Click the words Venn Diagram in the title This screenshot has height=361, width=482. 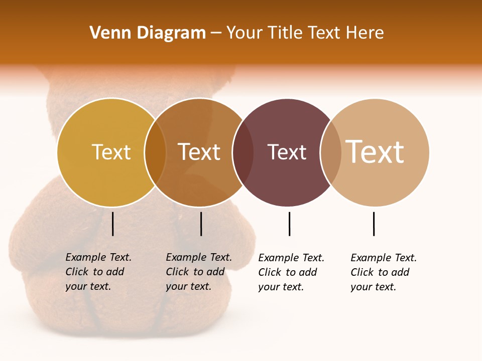click(148, 33)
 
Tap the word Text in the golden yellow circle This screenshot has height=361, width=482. click(111, 152)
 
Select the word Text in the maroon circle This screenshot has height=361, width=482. click(287, 152)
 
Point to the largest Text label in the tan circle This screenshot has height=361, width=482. click(375, 151)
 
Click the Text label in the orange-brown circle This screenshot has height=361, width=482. click(199, 152)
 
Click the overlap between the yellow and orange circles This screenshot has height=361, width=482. click(155, 152)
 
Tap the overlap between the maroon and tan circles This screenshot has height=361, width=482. click(331, 152)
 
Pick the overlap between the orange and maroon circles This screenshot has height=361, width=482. click(243, 152)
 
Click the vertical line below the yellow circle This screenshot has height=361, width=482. click(113, 224)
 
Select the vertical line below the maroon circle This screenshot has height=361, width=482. click(290, 224)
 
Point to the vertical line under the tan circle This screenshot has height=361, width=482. click(374, 224)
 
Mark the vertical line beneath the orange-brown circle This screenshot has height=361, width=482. click(201, 224)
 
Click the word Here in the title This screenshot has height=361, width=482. click(365, 33)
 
